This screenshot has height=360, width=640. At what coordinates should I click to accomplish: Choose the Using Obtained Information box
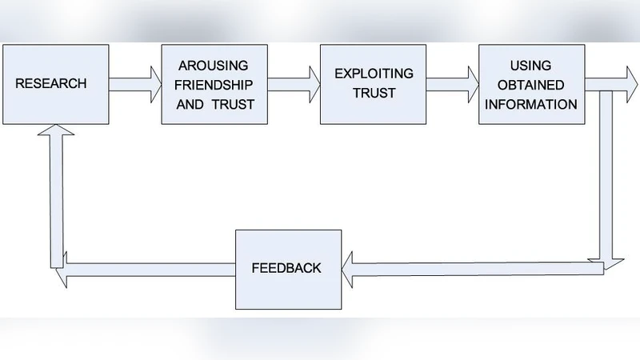[x=531, y=83]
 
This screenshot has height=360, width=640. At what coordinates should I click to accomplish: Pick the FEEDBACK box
[x=288, y=269]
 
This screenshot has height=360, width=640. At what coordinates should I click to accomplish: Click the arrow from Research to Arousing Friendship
[x=134, y=84]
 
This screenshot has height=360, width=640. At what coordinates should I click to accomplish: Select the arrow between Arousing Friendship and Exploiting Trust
[x=293, y=84]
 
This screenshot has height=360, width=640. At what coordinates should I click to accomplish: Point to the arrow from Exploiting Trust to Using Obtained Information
[x=452, y=84]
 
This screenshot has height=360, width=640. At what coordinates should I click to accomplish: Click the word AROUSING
[x=214, y=65]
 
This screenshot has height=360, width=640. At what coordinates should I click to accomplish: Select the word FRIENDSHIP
[x=214, y=84]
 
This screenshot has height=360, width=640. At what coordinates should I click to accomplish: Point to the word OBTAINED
[x=532, y=84]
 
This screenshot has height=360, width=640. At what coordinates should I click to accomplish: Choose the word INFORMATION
[x=532, y=103]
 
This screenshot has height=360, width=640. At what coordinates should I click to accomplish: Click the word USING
[x=531, y=65]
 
